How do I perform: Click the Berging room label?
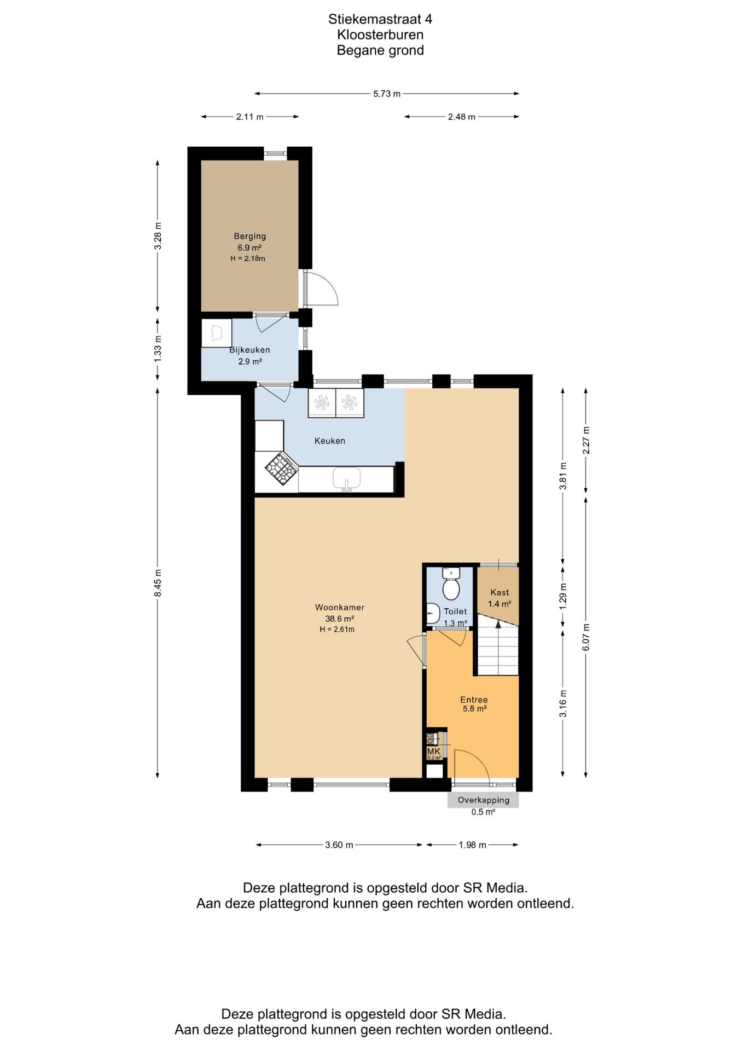[249, 236]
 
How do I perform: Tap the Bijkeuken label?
[249, 350]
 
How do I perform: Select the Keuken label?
[329, 441]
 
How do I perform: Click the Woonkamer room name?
[339, 607]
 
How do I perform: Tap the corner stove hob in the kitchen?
[281, 469]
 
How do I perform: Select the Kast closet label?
[500, 592]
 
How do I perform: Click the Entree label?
[474, 700]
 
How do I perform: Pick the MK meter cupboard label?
[433, 752]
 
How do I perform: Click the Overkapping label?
[484, 800]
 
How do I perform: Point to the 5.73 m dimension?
[387, 94]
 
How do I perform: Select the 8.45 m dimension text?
[158, 583]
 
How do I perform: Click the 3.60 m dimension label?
[339, 845]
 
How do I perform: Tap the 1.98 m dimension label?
[473, 845]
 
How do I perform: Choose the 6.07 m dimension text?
[586, 637]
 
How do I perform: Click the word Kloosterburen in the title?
[380, 34]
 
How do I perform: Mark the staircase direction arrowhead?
[498, 623]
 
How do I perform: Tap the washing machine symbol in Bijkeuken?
[217, 333]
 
